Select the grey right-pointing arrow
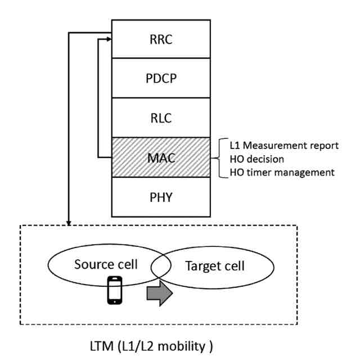(x=159, y=294)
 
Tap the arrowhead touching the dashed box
(x=69, y=223)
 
